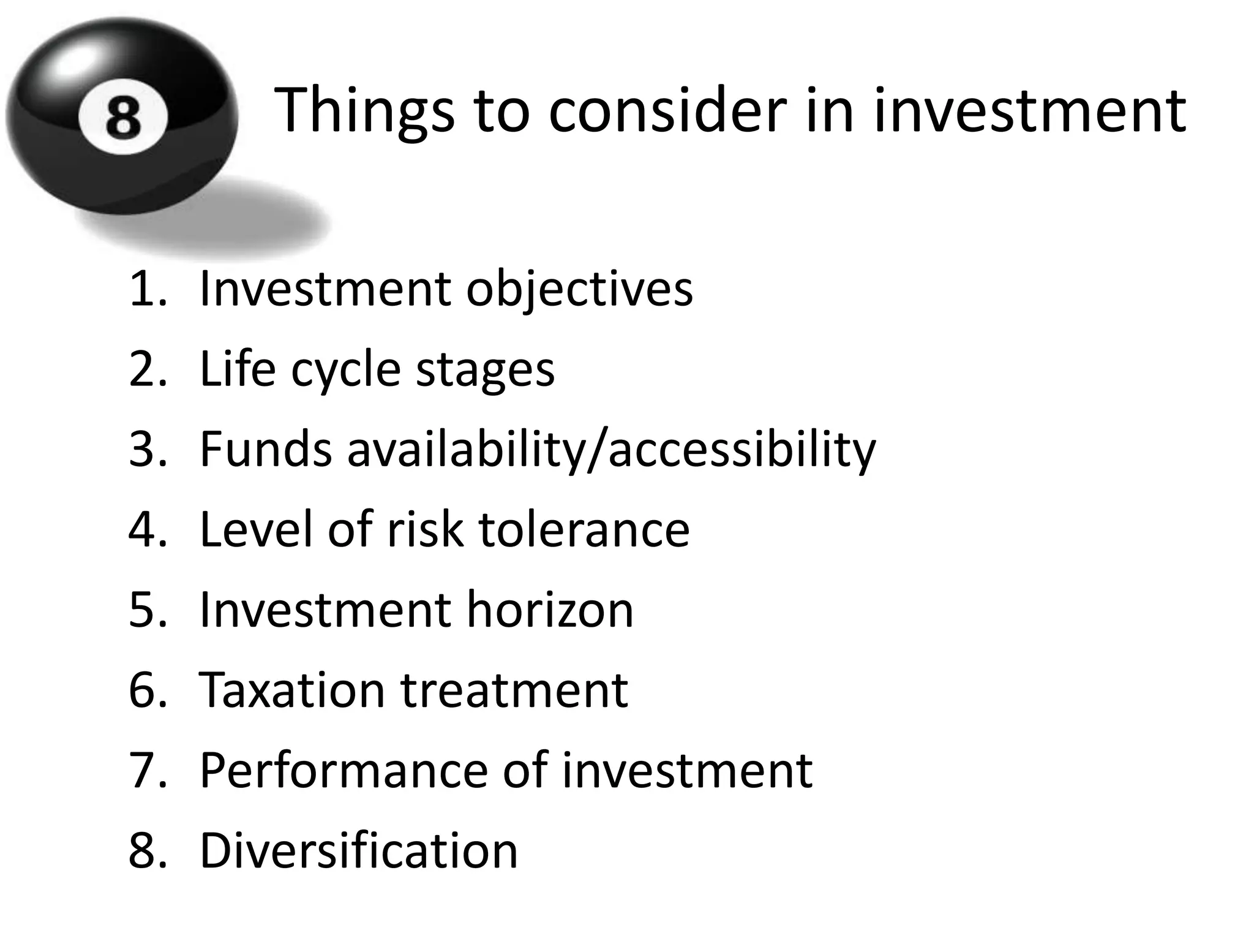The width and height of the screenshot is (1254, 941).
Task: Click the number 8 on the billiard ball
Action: pos(123,118)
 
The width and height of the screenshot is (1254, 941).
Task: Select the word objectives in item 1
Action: pos(579,290)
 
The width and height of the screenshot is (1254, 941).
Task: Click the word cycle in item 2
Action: pos(345,370)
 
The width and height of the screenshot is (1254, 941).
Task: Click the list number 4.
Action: pos(148,529)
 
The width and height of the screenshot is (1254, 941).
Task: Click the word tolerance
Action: pos(584,529)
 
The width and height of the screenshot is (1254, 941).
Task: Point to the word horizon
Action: pos(550,610)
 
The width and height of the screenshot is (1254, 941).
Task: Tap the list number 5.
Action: pos(148,610)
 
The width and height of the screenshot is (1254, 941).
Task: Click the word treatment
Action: pos(514,690)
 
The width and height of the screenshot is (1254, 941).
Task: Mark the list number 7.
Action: pos(148,771)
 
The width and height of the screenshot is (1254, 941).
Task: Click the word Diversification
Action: pos(359,851)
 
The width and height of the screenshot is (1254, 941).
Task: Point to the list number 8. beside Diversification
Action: pos(148,851)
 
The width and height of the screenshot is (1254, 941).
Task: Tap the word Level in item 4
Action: pos(255,529)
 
